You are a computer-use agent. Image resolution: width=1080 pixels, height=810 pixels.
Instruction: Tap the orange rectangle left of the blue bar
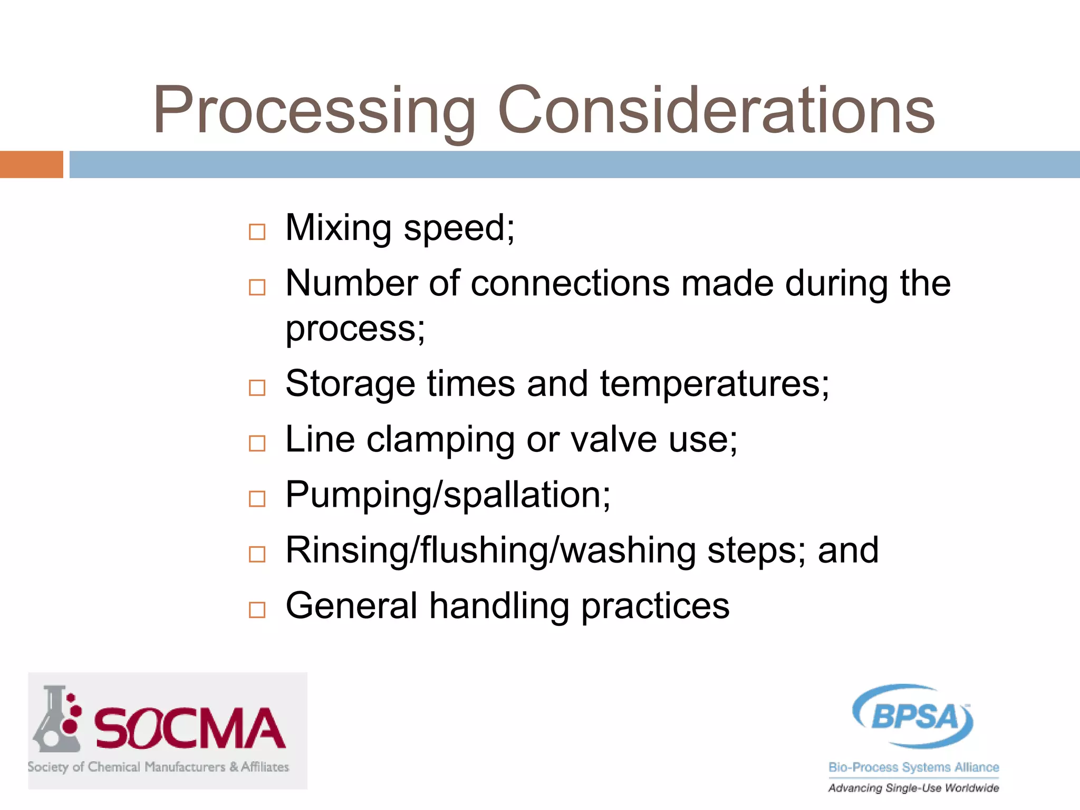(x=31, y=165)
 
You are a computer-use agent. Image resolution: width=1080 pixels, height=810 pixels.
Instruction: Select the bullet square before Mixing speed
(x=257, y=232)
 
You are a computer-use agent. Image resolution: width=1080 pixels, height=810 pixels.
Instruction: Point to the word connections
(x=570, y=284)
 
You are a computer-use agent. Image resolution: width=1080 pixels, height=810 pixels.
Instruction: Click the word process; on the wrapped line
(x=355, y=329)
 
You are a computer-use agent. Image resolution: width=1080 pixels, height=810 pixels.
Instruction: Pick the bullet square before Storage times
(x=257, y=388)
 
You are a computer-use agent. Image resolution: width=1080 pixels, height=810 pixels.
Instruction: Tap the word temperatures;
(x=715, y=384)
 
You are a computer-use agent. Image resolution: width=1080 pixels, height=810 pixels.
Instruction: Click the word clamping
(x=441, y=440)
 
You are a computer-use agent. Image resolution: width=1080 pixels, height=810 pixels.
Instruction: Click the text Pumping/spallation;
(x=448, y=495)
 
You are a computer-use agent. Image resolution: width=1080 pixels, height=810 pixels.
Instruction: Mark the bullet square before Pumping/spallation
(x=257, y=498)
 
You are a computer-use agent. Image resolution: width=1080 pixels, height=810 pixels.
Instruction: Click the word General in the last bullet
(x=351, y=606)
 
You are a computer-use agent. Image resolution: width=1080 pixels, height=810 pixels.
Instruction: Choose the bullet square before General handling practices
(x=257, y=610)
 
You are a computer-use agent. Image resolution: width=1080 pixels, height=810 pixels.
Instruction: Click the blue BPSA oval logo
(x=913, y=716)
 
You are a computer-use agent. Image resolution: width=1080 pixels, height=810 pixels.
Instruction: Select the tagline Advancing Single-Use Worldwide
(x=913, y=788)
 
